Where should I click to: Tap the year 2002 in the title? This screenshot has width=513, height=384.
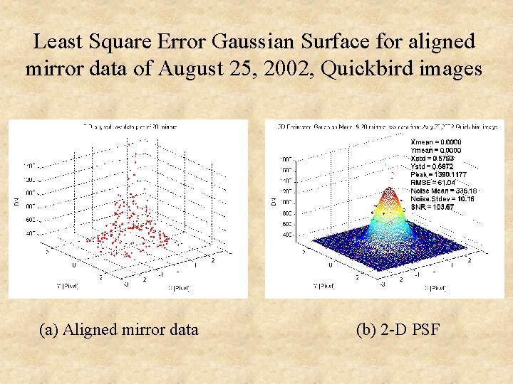tap(317, 69)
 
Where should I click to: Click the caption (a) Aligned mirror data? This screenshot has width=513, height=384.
tap(119, 329)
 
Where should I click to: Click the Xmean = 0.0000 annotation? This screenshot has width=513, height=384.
tap(437, 142)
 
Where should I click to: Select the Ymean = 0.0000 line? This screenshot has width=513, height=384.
tap(437, 150)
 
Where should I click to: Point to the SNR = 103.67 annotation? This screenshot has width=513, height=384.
tap(432, 207)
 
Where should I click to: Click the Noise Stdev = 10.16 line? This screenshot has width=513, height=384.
tap(442, 198)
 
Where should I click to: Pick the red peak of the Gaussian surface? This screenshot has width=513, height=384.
tap(388, 191)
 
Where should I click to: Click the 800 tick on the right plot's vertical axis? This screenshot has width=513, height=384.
tap(286, 213)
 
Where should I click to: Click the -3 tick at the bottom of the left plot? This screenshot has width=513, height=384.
tap(125, 283)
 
